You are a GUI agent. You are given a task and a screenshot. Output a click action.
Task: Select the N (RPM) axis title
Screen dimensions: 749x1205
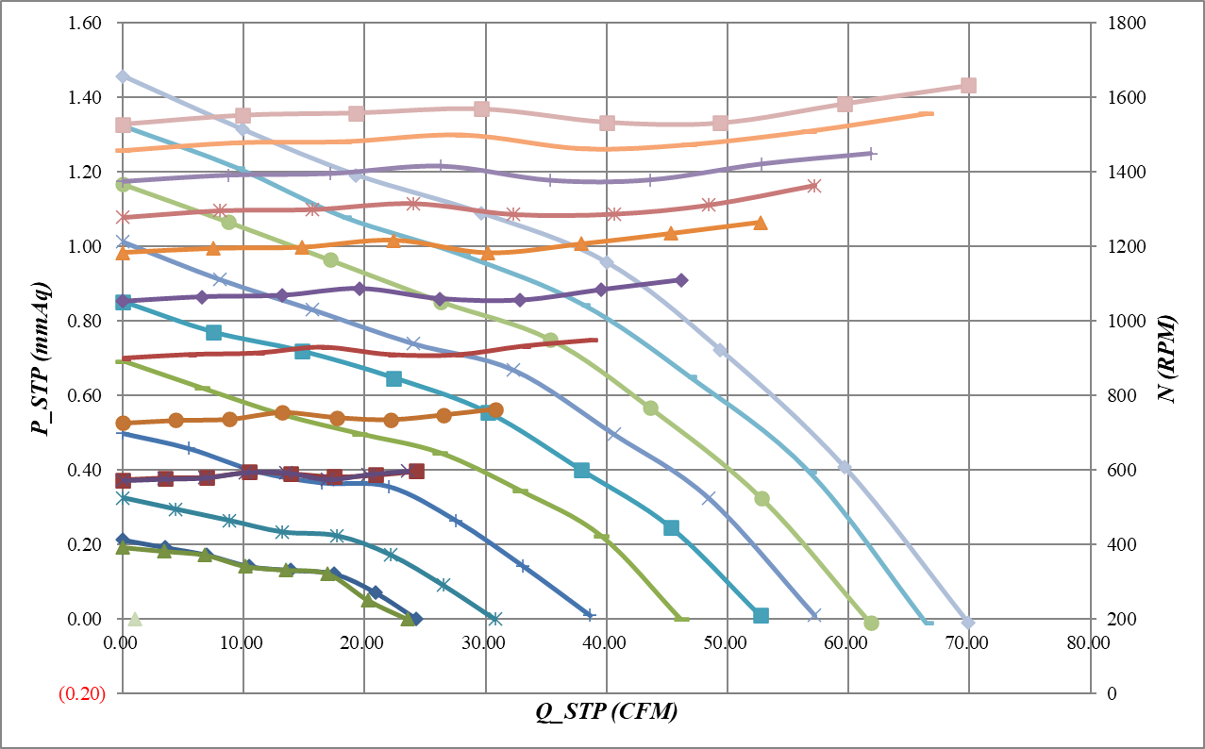tap(1170, 358)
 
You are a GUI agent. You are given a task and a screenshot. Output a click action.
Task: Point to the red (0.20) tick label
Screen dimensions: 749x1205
tap(82, 693)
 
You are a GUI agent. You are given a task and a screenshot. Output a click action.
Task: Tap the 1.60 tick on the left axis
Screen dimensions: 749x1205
tap(86, 23)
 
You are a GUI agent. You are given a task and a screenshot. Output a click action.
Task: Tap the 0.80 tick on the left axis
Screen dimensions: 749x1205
tap(86, 321)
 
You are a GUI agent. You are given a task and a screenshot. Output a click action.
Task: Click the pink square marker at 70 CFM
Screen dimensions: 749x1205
tap(967, 86)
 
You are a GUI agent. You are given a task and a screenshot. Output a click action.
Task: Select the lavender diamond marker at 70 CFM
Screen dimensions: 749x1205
tap(966, 623)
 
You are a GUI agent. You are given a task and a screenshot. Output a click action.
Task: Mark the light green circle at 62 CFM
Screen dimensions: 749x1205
tap(871, 623)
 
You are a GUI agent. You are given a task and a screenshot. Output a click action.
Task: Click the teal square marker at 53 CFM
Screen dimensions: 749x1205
tap(761, 616)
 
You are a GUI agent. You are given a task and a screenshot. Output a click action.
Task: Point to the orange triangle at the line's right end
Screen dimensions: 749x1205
tap(761, 223)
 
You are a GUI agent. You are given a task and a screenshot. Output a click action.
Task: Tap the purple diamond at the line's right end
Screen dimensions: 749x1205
tap(681, 280)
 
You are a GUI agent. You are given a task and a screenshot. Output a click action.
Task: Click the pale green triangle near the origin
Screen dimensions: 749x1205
tap(135, 619)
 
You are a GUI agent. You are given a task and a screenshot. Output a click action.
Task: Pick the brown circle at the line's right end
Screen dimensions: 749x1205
tap(495, 409)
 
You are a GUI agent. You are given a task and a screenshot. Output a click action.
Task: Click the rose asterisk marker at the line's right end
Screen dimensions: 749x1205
tap(813, 186)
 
